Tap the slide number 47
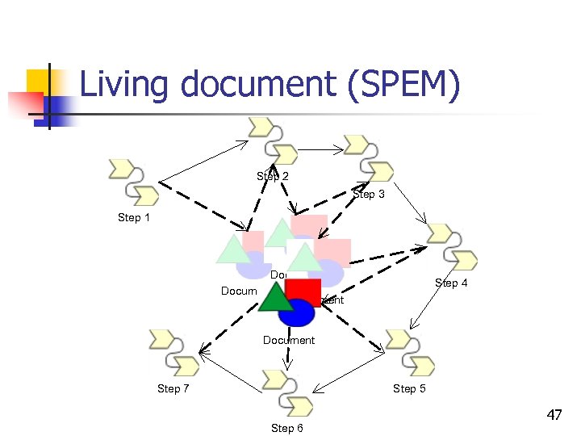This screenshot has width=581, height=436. coord(554,416)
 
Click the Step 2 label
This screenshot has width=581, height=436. coord(273,176)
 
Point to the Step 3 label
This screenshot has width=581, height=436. coord(369,194)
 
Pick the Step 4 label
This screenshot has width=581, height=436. coord(451,283)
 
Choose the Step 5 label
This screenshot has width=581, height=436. coord(409,388)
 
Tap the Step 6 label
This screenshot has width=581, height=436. coord(286,428)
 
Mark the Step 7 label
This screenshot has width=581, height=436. coord(173,388)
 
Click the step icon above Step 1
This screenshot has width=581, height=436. coord(134,182)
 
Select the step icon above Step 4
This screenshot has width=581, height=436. coord(453,247)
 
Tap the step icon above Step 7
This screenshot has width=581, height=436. coord(174,353)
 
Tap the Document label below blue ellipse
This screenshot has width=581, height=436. coord(289,340)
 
